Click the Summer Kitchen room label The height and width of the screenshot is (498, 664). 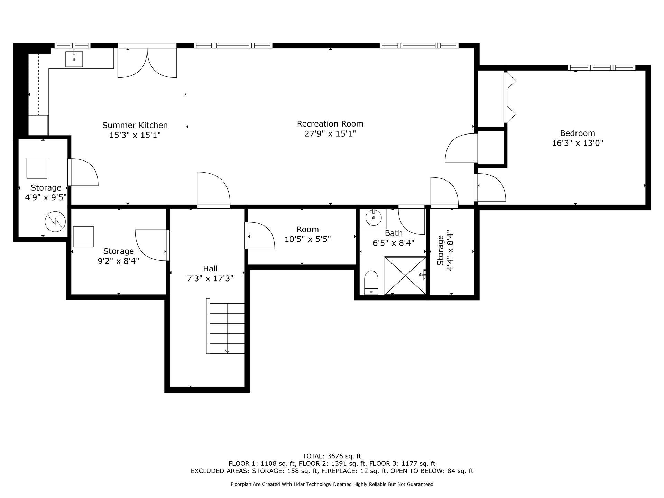(x=135, y=125)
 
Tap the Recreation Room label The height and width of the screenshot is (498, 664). (x=330, y=124)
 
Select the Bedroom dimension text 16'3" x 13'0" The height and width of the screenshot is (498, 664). (x=578, y=143)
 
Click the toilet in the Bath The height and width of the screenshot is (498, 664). (x=371, y=283)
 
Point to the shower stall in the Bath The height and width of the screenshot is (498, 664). (x=405, y=276)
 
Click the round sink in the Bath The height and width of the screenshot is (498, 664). (x=373, y=218)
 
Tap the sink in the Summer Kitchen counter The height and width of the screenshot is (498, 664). (x=74, y=59)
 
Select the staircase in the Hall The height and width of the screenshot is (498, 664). (x=225, y=326)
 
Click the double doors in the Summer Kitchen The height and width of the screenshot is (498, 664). (x=147, y=63)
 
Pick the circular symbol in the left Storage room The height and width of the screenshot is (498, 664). (x=55, y=222)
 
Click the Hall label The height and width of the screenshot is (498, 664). (x=210, y=269)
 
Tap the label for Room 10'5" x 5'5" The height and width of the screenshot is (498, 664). (x=308, y=234)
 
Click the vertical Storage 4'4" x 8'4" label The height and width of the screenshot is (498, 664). (x=445, y=250)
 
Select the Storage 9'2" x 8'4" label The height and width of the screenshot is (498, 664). (x=119, y=256)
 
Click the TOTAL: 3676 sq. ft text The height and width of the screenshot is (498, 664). (x=332, y=456)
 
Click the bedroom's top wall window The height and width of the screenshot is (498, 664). (x=601, y=67)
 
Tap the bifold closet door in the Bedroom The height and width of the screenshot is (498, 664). (x=509, y=97)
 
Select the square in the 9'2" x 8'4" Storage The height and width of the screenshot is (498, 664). (x=83, y=237)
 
